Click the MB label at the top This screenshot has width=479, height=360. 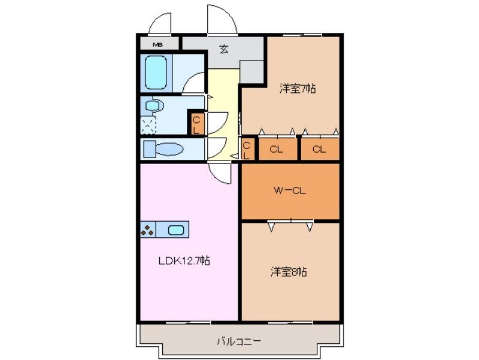point(157,44)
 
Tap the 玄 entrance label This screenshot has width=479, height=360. point(223,50)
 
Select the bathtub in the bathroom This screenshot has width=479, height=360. point(157,72)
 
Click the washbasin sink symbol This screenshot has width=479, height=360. point(154,105)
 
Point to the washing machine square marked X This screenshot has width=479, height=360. point(148,125)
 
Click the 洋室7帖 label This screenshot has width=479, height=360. point(298,89)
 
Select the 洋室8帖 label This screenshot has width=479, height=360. point(289,271)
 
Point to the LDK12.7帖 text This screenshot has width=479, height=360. point(184,261)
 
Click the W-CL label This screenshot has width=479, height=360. point(290,191)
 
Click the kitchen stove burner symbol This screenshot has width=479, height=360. point(148,229)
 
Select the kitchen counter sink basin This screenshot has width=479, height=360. point(176,229)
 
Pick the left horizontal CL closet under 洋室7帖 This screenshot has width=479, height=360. point(276,149)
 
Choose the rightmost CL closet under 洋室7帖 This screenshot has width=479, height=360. point(319,149)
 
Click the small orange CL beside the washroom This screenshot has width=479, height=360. point(196,123)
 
